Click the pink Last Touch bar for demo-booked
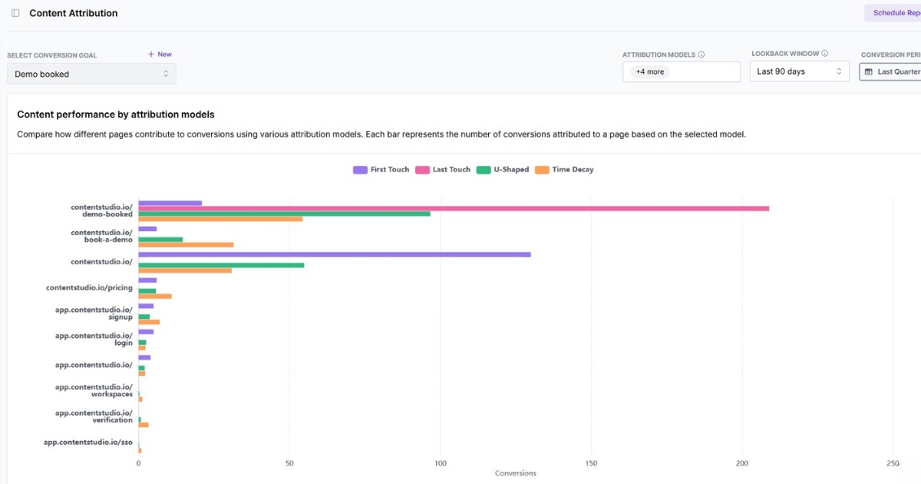[x=453, y=208]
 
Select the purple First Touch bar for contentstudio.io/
[x=334, y=254]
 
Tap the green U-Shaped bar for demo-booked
[x=284, y=214]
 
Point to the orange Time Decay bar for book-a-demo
[x=186, y=245]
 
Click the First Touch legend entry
[x=381, y=170]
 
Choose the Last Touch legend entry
[x=443, y=170]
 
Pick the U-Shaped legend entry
[x=503, y=170]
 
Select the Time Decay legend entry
[x=565, y=170]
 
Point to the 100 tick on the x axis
[x=440, y=463]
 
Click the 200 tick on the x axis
[x=741, y=463]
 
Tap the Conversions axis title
[x=516, y=473]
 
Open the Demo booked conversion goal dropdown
[x=91, y=74]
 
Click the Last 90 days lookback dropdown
[x=799, y=71]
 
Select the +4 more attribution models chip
[x=650, y=71]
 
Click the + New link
[x=160, y=55]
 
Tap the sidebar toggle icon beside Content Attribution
[x=15, y=13]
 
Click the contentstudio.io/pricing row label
[x=89, y=288]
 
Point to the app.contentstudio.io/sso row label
[x=87, y=443]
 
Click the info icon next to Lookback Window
[x=825, y=54]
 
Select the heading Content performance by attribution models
[x=116, y=114]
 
